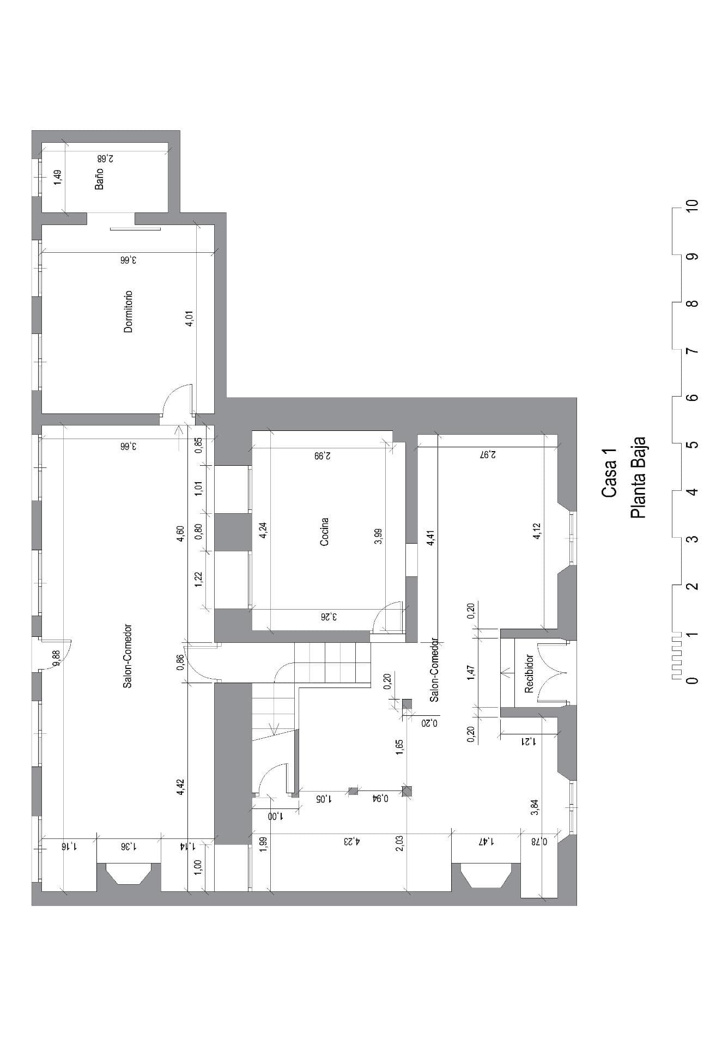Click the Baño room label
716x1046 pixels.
point(99,179)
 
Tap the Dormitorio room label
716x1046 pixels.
point(129,312)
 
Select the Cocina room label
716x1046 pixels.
point(324,532)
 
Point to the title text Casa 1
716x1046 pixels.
point(609,473)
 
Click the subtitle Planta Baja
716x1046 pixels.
point(638,478)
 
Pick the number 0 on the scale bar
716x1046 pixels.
point(693,680)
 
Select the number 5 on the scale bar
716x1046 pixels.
point(693,444)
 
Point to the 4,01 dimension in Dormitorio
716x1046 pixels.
point(190,319)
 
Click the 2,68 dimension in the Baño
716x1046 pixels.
point(105,159)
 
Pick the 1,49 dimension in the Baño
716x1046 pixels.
point(58,178)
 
